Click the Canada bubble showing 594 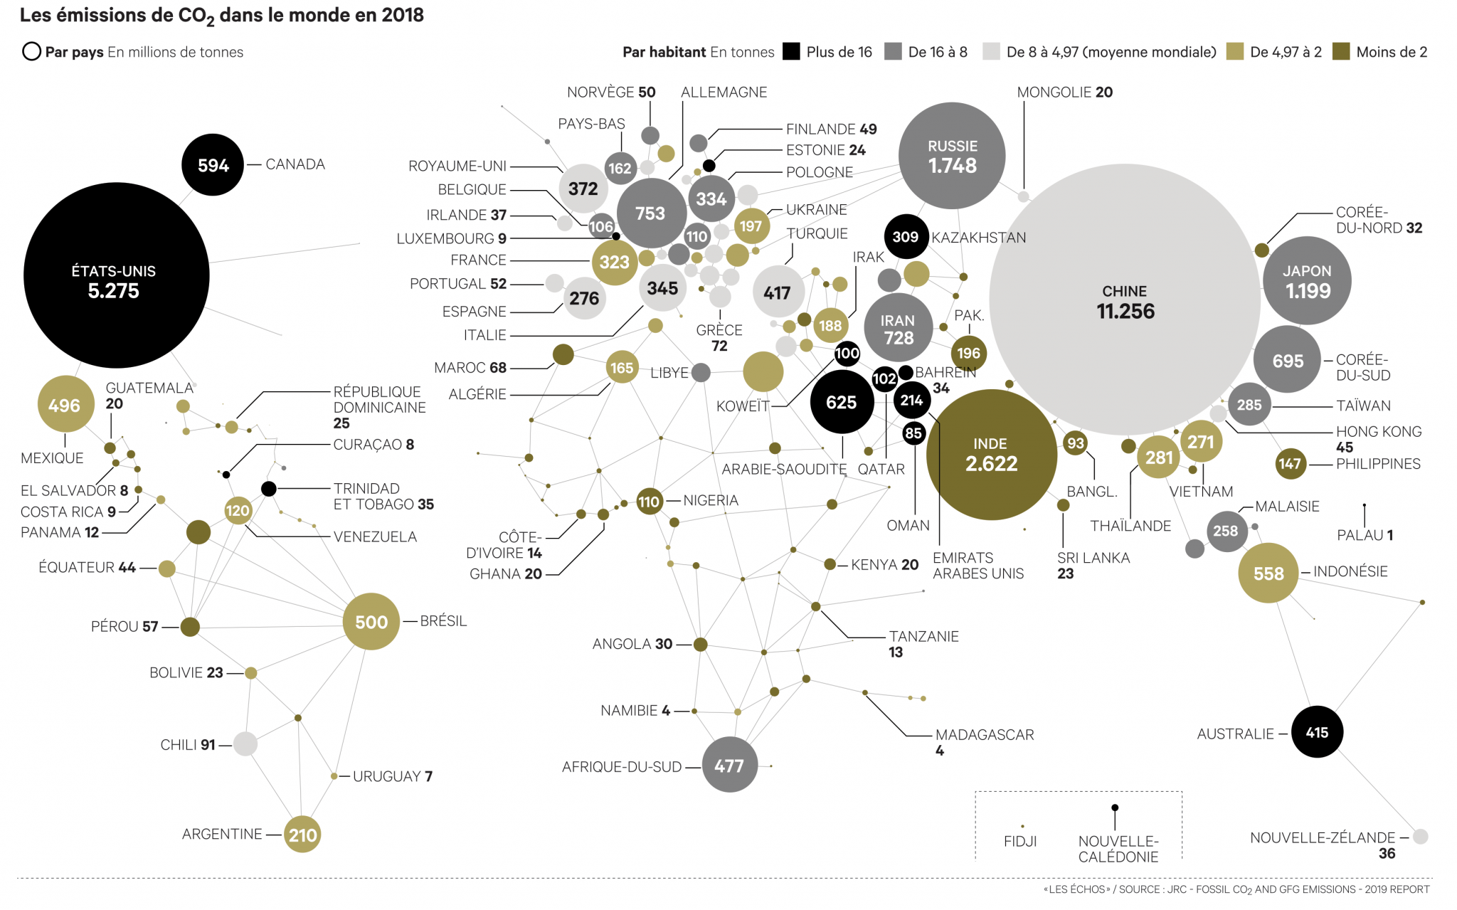[x=213, y=165]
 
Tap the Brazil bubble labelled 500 [x=371, y=622]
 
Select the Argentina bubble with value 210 [x=302, y=835]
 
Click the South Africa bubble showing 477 [x=729, y=766]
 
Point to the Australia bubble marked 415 [x=1317, y=732]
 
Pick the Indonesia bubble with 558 [x=1268, y=573]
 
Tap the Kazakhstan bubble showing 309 [x=906, y=237]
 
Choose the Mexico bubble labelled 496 [x=65, y=405]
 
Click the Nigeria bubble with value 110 [x=649, y=502]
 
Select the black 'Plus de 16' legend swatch [x=791, y=52]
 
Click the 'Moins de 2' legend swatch [x=1341, y=52]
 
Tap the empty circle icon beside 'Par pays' [x=31, y=52]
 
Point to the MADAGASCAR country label [x=985, y=735]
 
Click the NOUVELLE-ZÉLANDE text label [x=1323, y=837]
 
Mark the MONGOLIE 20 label [x=1064, y=92]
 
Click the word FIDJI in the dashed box [x=1020, y=842]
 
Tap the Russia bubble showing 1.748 [x=952, y=157]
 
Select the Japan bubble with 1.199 [x=1307, y=281]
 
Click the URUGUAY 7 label [x=393, y=776]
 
